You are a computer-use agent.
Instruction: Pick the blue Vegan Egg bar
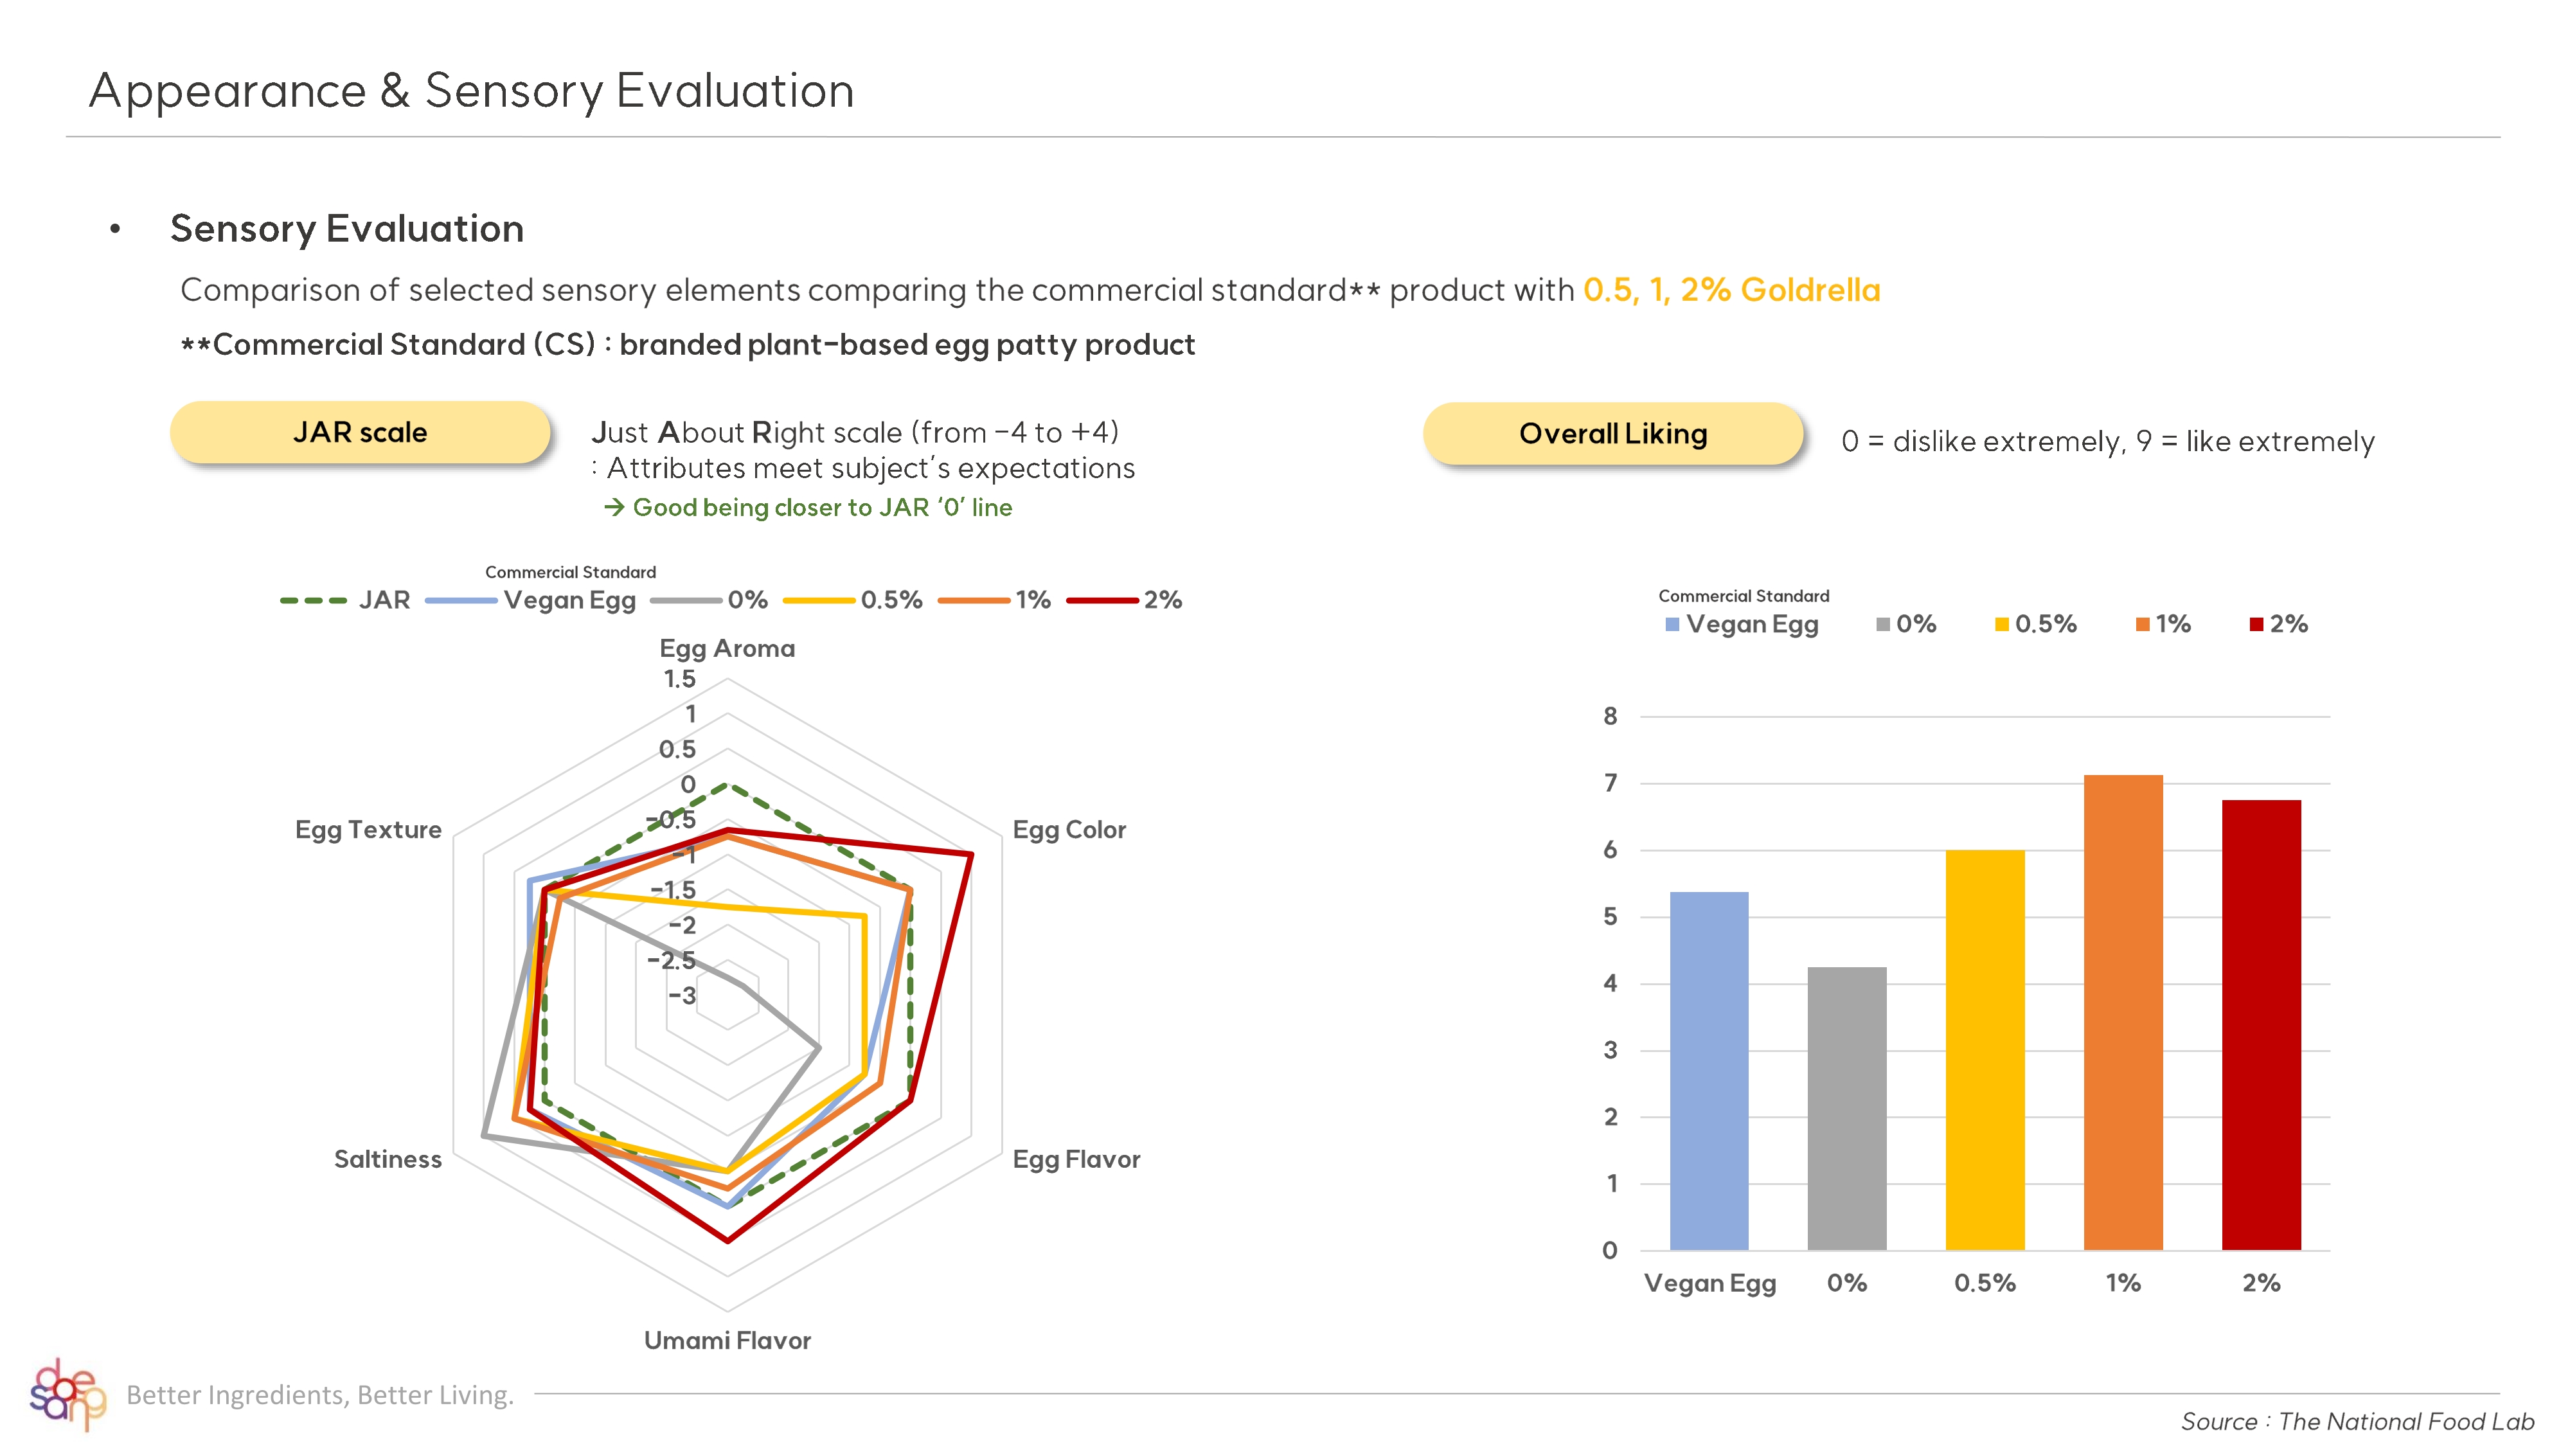point(1708,1070)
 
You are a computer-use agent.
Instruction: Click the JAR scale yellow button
point(359,432)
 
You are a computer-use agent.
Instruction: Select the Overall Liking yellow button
point(1612,434)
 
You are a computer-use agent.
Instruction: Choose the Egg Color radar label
point(1069,829)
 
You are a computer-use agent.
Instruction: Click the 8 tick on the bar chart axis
point(1609,715)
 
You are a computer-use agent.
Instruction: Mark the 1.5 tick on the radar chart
point(679,679)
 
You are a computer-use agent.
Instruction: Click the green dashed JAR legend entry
point(345,600)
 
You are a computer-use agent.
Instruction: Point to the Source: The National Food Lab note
point(2357,1421)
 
